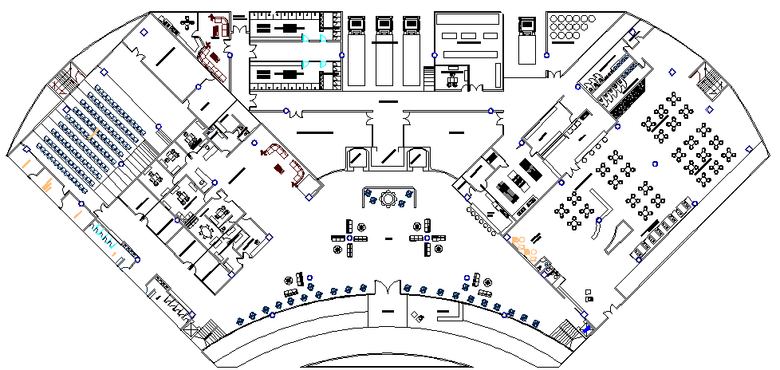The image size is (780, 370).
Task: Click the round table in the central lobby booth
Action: point(389,198)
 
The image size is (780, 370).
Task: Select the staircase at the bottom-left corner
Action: point(210,332)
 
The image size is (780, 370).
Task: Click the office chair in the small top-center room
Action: point(453,77)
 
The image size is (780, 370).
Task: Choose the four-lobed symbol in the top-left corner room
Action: point(188,20)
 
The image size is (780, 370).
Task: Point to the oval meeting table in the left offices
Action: point(208,231)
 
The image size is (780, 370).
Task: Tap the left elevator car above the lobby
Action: point(356,157)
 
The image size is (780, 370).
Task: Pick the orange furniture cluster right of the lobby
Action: point(525,247)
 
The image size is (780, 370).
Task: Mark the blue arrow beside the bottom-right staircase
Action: point(588,328)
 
